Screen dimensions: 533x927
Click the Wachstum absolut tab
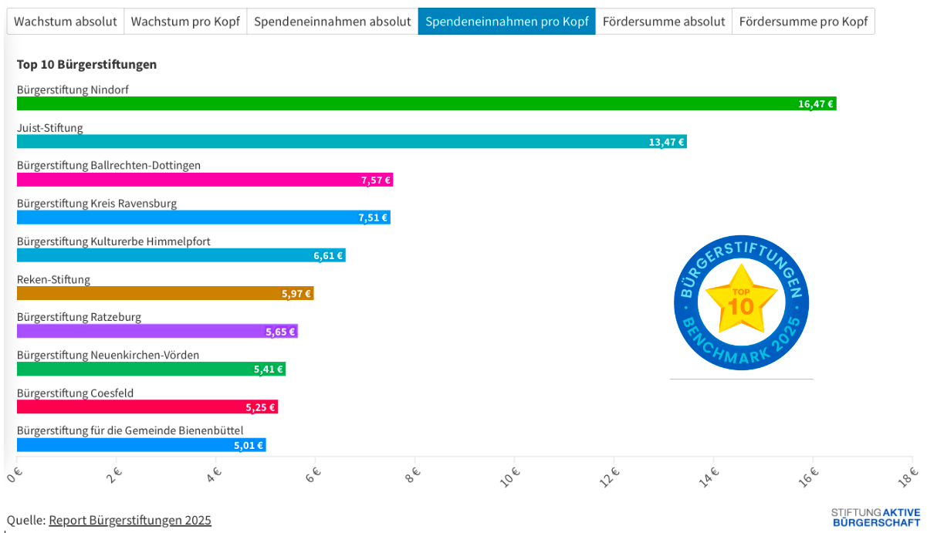coord(66,22)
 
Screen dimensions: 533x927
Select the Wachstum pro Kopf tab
coord(185,22)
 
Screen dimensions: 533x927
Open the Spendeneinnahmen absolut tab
coord(332,22)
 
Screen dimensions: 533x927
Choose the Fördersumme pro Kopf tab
coord(803,22)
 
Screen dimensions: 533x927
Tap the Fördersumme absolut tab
coord(664,22)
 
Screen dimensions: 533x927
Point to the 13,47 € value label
coord(666,142)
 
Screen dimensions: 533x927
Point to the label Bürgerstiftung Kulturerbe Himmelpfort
coord(113,241)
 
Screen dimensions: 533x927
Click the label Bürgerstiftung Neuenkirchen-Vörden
coord(108,355)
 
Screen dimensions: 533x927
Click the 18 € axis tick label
coord(908,477)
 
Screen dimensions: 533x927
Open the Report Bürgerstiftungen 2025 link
coord(130,520)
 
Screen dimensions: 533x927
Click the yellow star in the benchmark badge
coord(742,300)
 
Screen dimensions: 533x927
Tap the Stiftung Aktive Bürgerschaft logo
coord(875,517)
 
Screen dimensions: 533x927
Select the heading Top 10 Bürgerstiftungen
coord(86,65)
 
